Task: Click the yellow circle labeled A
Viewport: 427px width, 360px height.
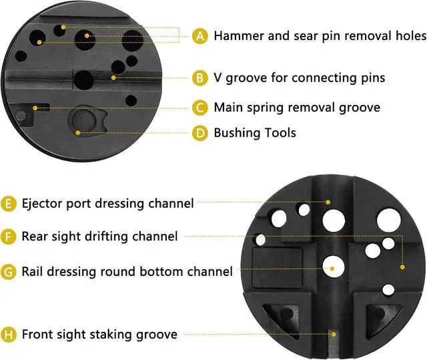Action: click(x=200, y=35)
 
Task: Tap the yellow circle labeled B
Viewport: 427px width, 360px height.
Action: click(x=200, y=78)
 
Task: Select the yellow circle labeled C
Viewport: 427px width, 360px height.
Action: click(x=200, y=107)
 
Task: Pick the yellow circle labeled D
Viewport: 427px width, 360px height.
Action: click(x=200, y=133)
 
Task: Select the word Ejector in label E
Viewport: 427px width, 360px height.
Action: click(x=43, y=202)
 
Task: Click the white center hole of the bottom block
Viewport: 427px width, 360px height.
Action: click(x=332, y=266)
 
